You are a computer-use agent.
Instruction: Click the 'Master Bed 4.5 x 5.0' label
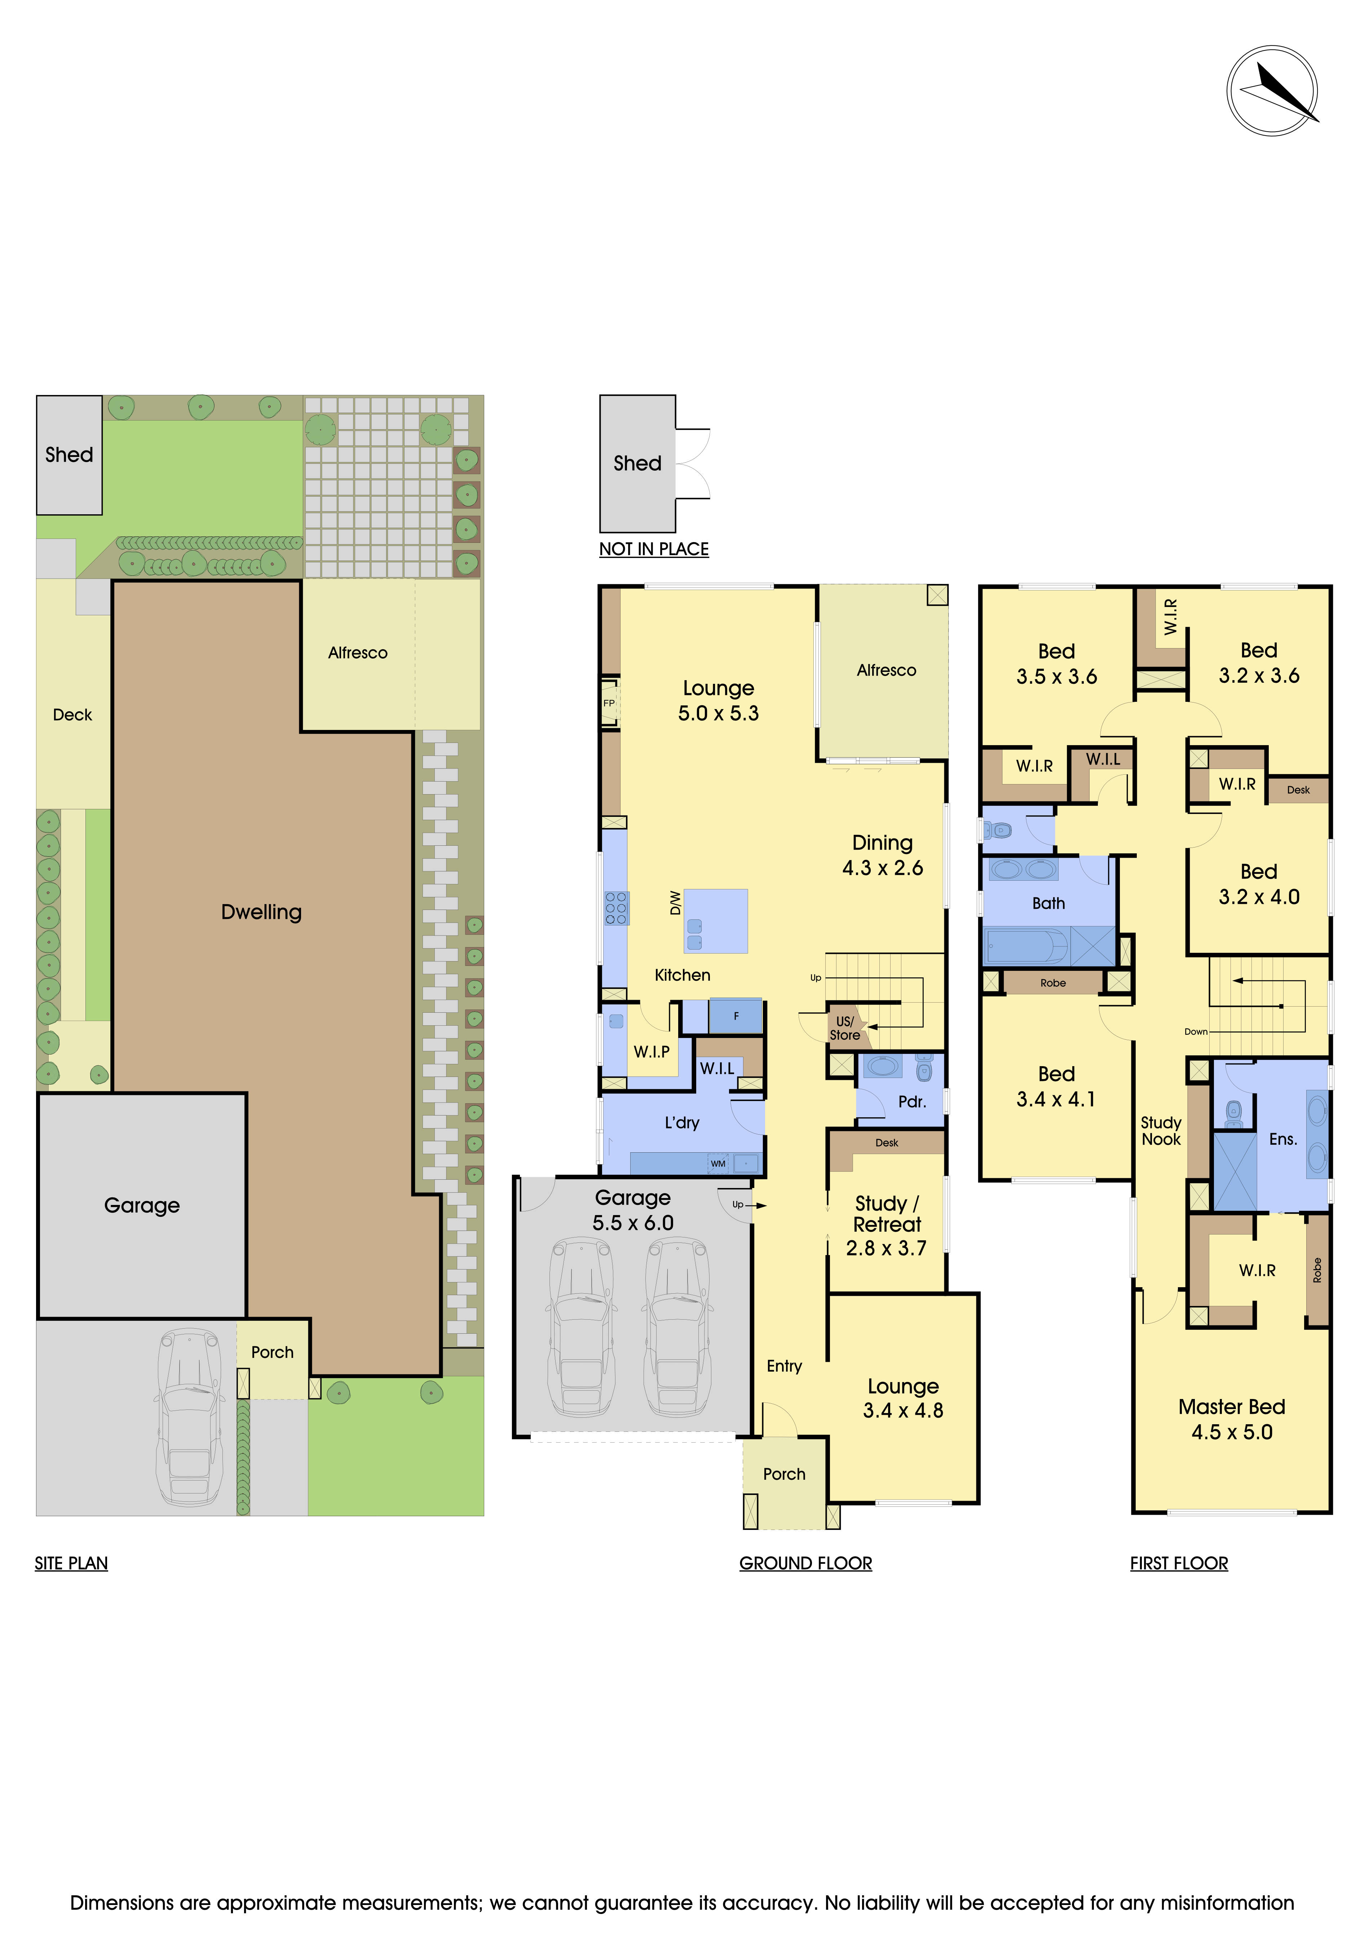tap(1232, 1419)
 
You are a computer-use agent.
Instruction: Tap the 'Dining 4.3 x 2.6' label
tap(883, 855)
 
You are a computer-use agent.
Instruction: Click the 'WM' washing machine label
tap(718, 1163)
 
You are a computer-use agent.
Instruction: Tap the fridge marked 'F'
tap(736, 1016)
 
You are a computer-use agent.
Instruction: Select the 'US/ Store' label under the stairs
tap(845, 1028)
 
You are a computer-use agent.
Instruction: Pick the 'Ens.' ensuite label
tap(1283, 1139)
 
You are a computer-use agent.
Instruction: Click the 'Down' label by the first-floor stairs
tap(1196, 1031)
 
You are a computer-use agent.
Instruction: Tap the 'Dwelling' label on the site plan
tap(261, 911)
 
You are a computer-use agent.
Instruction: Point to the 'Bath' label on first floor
tap(1049, 903)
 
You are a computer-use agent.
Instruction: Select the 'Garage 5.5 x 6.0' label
tap(633, 1210)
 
